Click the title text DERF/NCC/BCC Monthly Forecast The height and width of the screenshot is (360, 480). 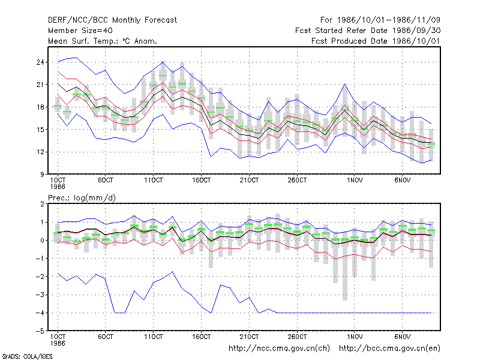(x=112, y=20)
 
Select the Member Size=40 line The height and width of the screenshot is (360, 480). (x=80, y=31)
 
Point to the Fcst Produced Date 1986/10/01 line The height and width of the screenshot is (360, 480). (x=376, y=41)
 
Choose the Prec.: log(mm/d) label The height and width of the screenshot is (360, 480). (x=82, y=198)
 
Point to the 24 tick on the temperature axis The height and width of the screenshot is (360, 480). (x=40, y=62)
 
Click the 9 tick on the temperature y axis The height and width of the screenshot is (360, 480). (x=42, y=175)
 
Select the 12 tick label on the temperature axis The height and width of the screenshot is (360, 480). (x=40, y=152)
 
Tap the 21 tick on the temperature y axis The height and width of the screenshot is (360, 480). (x=40, y=85)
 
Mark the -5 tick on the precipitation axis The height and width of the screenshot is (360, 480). (x=40, y=331)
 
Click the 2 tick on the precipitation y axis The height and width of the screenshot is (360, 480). (x=42, y=204)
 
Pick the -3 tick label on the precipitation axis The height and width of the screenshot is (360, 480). (x=40, y=295)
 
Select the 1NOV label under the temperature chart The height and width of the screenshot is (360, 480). (x=355, y=181)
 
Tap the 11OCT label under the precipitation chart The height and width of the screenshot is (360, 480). (x=154, y=337)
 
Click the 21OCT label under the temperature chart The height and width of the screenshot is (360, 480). (x=249, y=181)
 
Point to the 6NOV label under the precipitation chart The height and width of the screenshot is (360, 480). (x=402, y=337)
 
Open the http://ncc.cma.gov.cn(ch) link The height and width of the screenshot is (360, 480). (x=279, y=349)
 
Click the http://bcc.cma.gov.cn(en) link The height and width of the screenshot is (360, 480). (x=389, y=349)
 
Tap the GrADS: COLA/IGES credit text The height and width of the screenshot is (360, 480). (x=27, y=356)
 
